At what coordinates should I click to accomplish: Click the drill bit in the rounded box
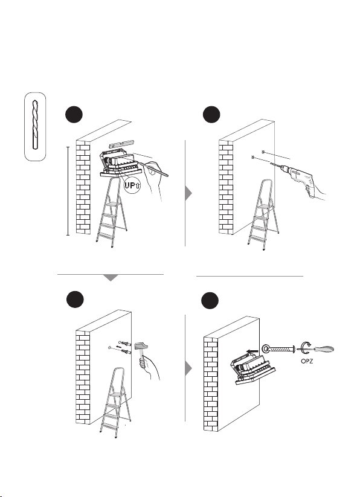[35, 124]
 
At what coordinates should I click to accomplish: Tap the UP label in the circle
[130, 185]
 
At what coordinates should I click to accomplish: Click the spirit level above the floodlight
[121, 144]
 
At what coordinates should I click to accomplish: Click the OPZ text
[307, 361]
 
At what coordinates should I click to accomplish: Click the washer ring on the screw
[266, 349]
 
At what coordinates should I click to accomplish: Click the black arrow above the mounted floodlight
[252, 351]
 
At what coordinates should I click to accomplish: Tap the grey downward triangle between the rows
[111, 277]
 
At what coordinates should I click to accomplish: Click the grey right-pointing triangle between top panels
[188, 193]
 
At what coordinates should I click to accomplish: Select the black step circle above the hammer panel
[75, 299]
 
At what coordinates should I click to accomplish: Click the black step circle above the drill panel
[211, 114]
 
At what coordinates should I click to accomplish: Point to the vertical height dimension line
[68, 191]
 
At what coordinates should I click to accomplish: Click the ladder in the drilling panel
[263, 214]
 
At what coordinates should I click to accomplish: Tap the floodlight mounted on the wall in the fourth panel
[254, 368]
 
